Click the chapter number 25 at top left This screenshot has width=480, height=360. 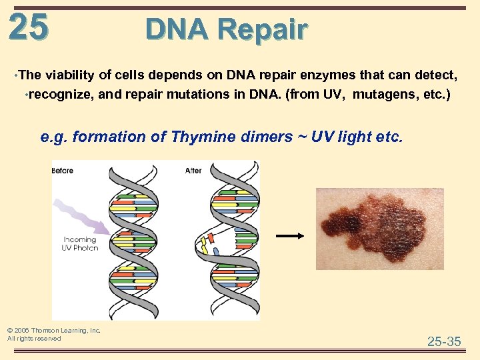[x=29, y=27]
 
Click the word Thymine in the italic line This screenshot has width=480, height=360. [x=201, y=137]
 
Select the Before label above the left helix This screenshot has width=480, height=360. [x=63, y=171]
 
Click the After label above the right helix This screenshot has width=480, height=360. [x=193, y=171]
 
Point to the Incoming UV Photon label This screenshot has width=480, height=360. [x=81, y=243]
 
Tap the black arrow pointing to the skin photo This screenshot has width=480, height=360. [x=290, y=235]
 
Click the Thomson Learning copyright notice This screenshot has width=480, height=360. [x=53, y=330]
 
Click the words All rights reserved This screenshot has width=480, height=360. [x=34, y=339]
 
